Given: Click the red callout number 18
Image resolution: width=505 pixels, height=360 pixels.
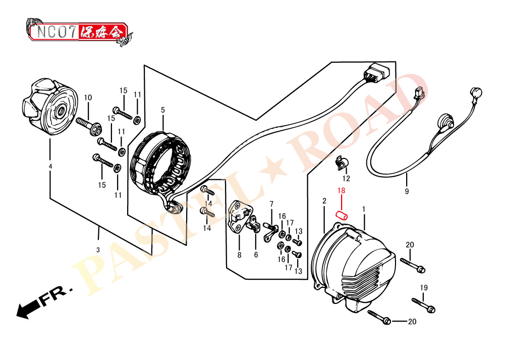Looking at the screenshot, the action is click(x=341, y=190).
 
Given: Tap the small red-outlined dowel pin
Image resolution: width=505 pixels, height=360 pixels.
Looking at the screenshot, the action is click(x=342, y=215).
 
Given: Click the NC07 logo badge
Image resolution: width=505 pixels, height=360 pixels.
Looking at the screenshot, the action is click(x=79, y=32).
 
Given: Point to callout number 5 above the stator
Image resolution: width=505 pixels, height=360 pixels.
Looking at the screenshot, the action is click(x=163, y=110).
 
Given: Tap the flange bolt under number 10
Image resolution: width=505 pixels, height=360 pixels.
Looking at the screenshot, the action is click(x=89, y=126).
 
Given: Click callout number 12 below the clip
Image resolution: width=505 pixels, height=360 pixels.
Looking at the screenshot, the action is click(x=346, y=179).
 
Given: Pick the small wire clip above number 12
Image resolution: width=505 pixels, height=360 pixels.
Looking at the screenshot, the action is click(x=342, y=163).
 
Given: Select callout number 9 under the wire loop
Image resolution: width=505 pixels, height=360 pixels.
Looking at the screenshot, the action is click(x=407, y=191).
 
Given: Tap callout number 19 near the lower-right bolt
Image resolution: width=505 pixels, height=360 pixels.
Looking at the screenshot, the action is click(x=424, y=288).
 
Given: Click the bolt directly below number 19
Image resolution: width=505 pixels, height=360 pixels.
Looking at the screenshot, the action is click(x=423, y=305).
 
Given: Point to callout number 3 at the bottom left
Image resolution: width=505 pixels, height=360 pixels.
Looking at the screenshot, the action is click(x=98, y=250).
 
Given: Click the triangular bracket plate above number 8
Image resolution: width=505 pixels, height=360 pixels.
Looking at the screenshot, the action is click(x=238, y=217).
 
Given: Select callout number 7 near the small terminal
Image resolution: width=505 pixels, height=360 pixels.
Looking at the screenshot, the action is click(x=271, y=204).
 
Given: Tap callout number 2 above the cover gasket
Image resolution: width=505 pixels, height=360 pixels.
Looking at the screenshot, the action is click(x=324, y=201).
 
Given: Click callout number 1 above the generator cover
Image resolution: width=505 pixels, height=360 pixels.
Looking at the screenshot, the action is click(x=364, y=209).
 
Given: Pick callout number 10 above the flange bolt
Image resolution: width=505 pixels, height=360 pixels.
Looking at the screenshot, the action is click(x=88, y=97).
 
